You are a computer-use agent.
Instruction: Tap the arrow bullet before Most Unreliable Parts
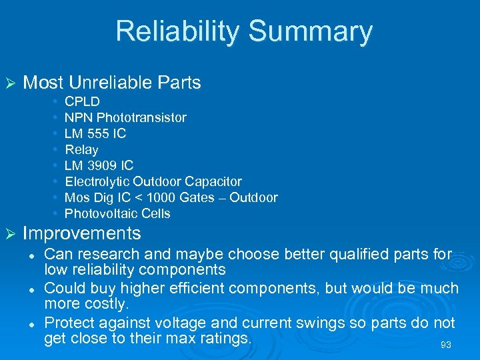point(9,83)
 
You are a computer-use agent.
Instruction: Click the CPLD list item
point(82,101)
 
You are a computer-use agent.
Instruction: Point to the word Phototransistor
point(141,117)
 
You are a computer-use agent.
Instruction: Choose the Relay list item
point(81,149)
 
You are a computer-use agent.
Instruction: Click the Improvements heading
point(82,233)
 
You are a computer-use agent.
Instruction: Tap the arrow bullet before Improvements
point(9,233)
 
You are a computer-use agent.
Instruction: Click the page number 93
point(447,345)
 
